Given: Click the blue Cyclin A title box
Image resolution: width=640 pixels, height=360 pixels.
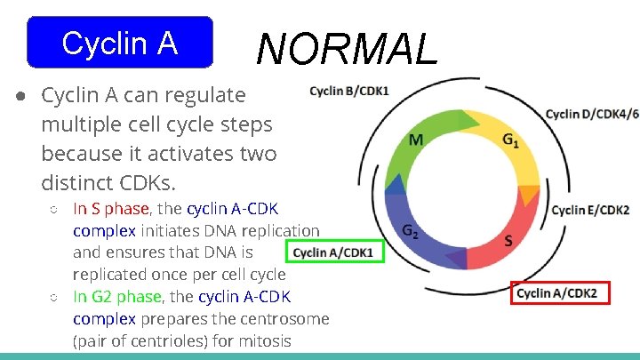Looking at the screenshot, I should tap(120, 43).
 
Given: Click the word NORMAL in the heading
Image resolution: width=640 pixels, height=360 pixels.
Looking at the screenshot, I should tap(348, 49).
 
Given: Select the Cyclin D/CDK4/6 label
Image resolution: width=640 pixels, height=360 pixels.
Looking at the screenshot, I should tap(592, 114).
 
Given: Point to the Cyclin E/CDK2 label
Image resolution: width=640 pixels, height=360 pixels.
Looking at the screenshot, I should tap(590, 210).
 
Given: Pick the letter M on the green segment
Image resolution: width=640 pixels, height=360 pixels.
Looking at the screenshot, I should tap(416, 140).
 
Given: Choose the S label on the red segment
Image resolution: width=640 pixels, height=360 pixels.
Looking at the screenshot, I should tap(508, 240).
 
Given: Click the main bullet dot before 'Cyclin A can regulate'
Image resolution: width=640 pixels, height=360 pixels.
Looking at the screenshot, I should tap(19, 95).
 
